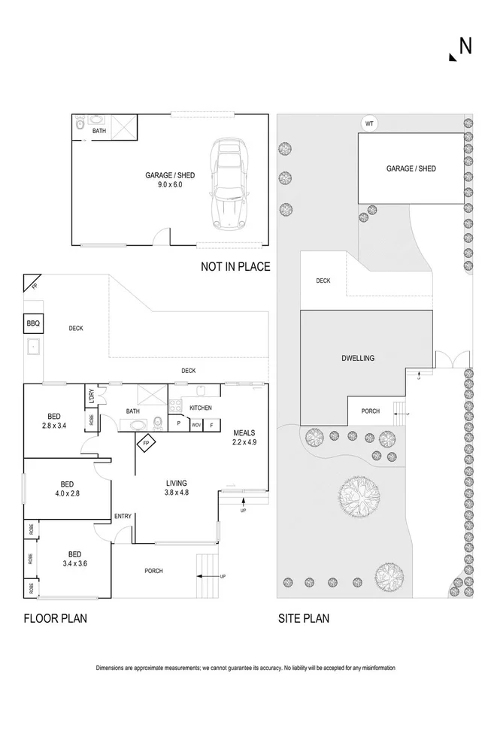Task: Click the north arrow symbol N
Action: tap(460, 47)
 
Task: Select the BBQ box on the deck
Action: tap(33, 324)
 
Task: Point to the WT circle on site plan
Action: tap(368, 123)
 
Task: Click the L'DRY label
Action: tap(91, 394)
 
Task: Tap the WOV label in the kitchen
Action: tap(196, 425)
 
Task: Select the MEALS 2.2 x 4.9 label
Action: tap(245, 438)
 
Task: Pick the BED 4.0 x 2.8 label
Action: tap(67, 489)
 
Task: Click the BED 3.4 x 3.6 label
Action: tap(74, 558)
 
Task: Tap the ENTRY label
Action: tap(123, 516)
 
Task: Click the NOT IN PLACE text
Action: tap(235, 266)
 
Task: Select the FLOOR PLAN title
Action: tap(55, 619)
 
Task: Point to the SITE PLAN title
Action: tap(303, 619)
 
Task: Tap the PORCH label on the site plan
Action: tap(371, 411)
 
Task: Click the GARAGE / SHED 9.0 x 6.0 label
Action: tap(164, 180)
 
